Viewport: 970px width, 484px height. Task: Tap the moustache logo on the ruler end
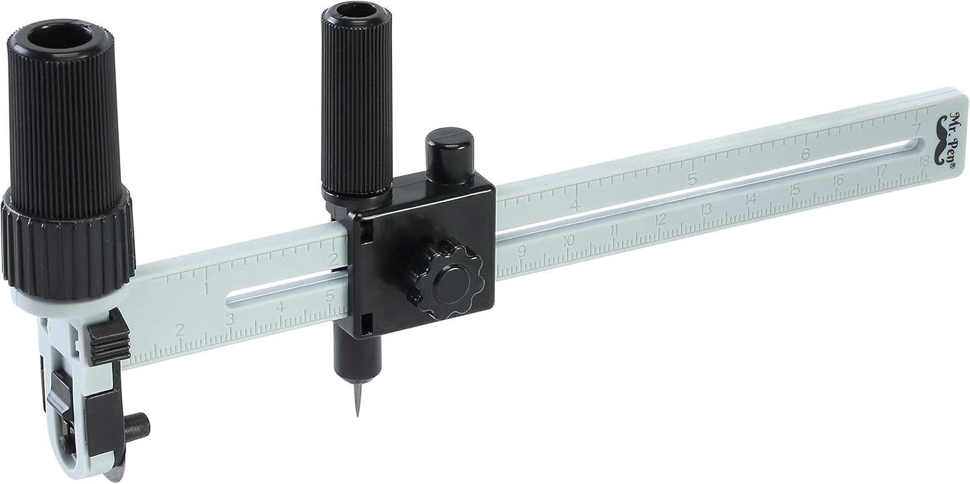click(x=944, y=147)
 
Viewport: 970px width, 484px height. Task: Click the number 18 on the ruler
click(x=923, y=161)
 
